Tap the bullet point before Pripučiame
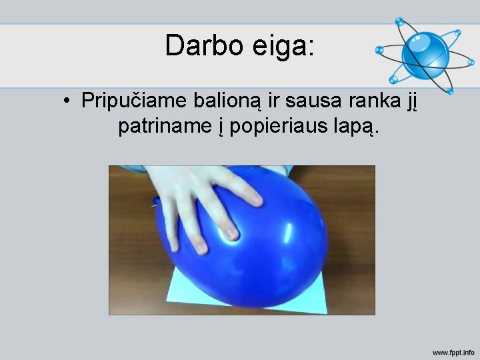click(68, 102)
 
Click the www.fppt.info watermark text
click(453, 351)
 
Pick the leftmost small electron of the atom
click(378, 49)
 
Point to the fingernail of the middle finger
click(230, 233)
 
